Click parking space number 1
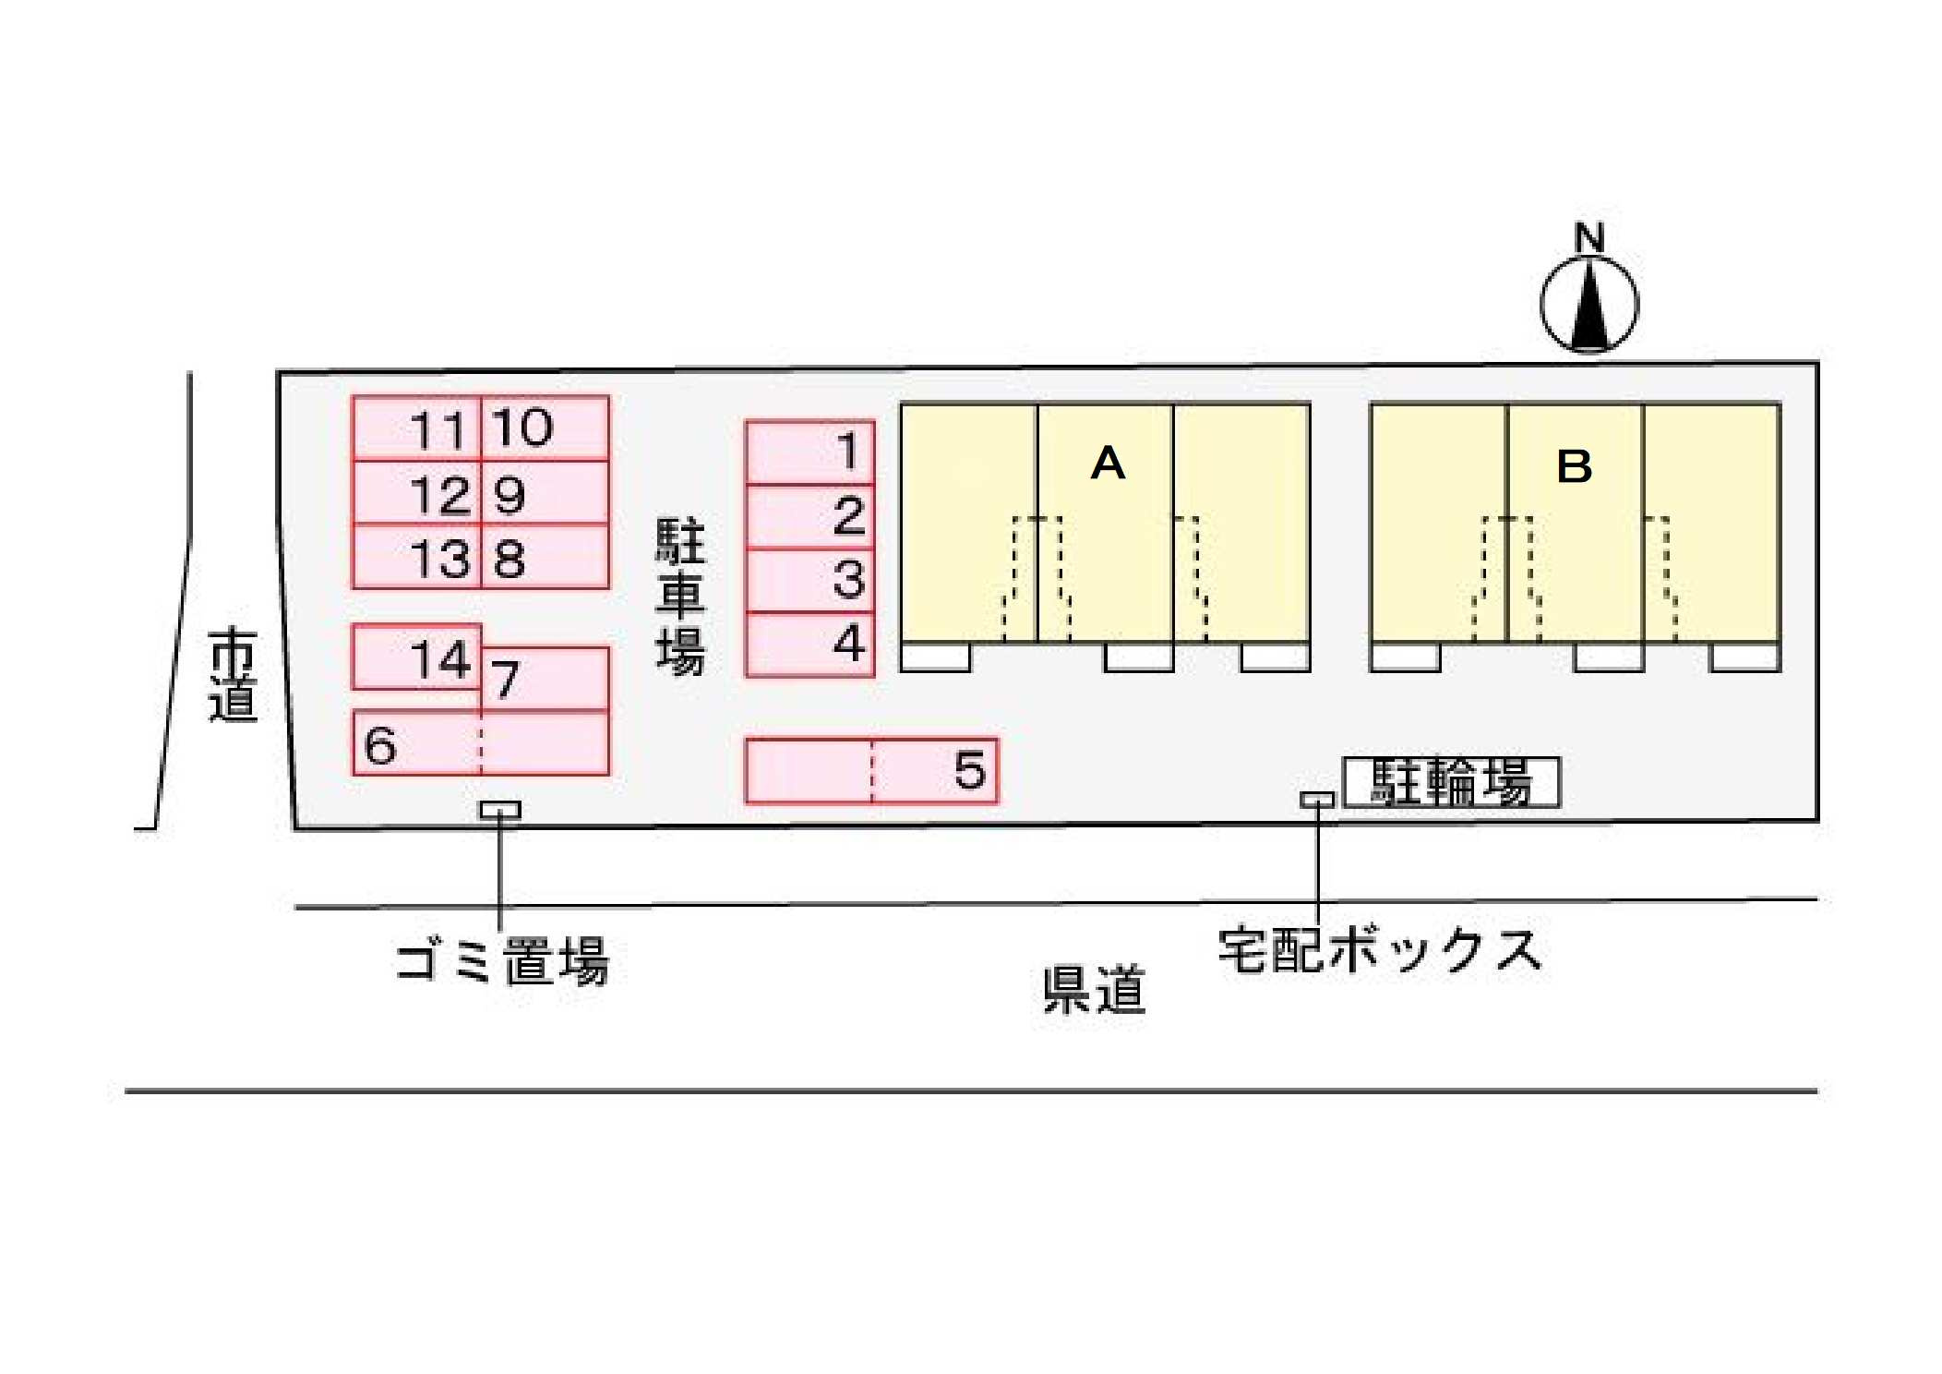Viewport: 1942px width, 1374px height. [809, 452]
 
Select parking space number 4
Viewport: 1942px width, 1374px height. [809, 645]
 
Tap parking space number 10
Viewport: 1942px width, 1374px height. [545, 428]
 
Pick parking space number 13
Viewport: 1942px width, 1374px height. [416, 557]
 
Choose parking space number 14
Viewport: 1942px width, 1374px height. [416, 657]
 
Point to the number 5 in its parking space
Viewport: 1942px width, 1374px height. [970, 770]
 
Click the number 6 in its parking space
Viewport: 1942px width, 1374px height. [380, 746]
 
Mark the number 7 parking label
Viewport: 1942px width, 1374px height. [505, 681]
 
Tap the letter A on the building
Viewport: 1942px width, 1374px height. [1108, 463]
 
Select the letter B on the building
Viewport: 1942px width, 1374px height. [1574, 466]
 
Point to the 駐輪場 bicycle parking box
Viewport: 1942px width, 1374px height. [1451, 783]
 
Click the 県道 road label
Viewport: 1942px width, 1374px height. [1094, 990]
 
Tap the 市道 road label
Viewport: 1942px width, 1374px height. [232, 674]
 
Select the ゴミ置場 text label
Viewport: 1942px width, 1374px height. [502, 961]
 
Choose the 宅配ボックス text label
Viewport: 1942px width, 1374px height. [1380, 950]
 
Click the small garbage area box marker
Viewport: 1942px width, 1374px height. [499, 810]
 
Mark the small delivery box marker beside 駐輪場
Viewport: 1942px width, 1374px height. [1317, 800]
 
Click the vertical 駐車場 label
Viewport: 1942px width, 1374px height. [680, 597]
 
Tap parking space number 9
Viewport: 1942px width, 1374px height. [545, 493]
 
